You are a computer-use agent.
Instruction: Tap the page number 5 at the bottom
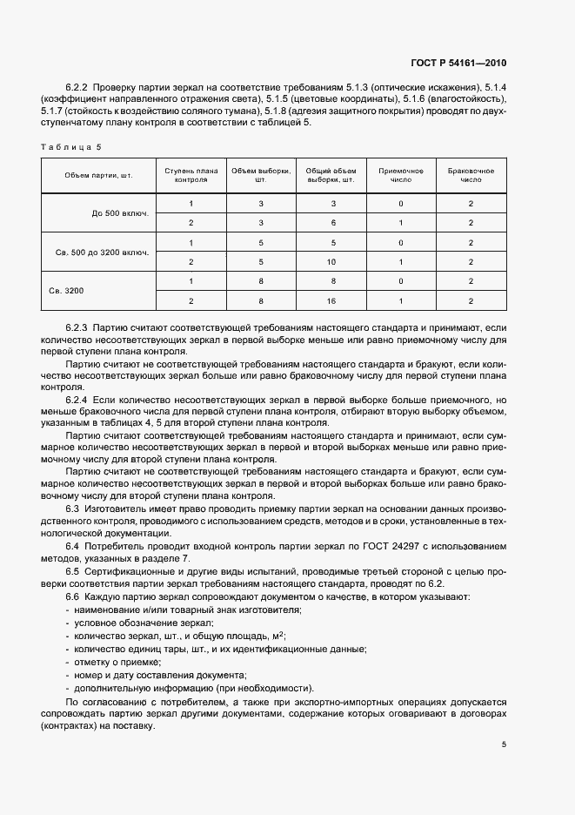pos(504,744)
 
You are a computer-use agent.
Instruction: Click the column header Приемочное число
pos(401,175)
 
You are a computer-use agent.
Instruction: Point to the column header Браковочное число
pos(471,175)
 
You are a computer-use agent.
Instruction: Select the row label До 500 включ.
pos(120,213)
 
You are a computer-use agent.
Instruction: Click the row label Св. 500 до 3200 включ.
pos(102,253)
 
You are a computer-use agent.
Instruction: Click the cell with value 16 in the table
pos(331,300)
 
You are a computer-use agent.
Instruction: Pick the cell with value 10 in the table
pos(331,261)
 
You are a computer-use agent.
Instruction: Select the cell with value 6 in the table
pos(331,223)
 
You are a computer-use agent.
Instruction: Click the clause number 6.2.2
pos(77,88)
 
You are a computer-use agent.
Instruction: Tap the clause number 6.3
pos(73,508)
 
